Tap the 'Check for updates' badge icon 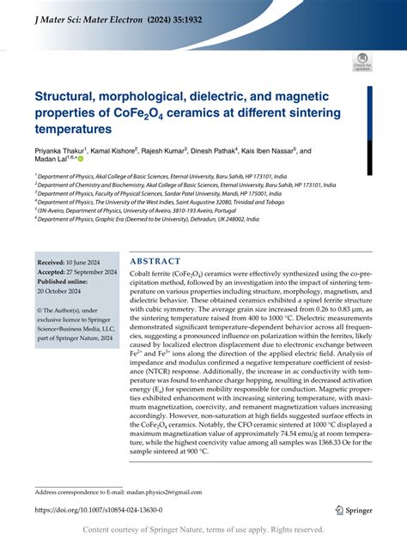[x=361, y=61]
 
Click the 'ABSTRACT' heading [x=155, y=261]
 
